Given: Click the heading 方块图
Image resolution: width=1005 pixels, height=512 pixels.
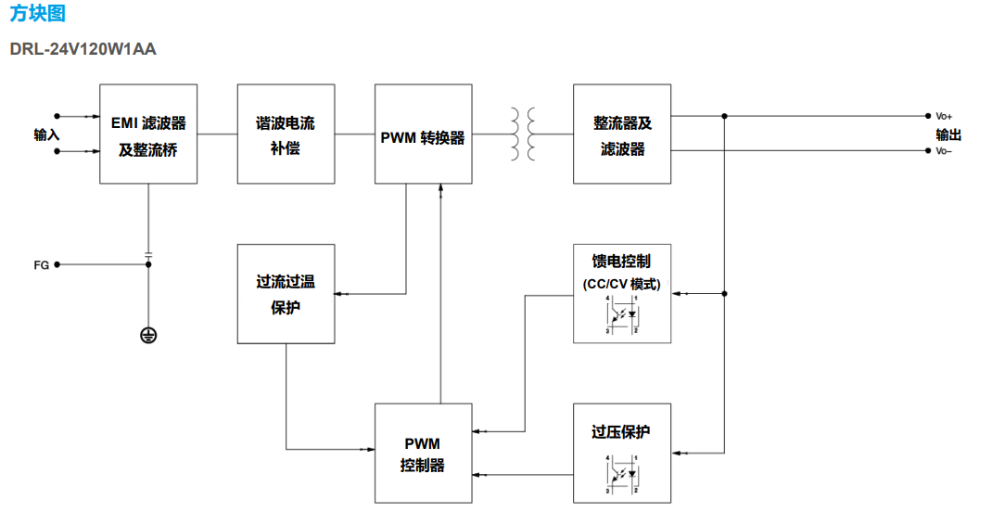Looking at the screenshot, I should point(38,15).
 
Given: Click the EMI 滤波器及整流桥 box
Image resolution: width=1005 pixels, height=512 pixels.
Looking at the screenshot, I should point(148,134).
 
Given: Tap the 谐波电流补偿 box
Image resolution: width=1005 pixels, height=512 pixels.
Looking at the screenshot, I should point(286,134).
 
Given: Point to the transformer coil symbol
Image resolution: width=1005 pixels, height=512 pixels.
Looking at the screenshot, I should point(522,134).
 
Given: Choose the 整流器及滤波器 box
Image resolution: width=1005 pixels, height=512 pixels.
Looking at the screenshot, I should point(622,134).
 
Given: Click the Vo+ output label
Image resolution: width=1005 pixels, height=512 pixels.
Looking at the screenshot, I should point(944,117).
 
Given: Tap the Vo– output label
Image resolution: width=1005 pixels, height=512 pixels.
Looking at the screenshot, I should point(944,151).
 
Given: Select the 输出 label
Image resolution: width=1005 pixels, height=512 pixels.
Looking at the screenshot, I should point(948,134).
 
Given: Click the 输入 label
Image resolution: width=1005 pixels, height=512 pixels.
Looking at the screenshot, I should point(46,134).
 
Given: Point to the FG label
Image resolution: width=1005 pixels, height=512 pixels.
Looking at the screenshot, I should point(41,265).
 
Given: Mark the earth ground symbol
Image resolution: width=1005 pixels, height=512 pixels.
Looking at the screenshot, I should point(148,335).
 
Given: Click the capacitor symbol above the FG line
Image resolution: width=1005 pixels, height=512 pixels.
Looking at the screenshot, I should point(148,253).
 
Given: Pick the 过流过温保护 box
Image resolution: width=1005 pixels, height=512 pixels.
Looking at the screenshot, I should point(286,294).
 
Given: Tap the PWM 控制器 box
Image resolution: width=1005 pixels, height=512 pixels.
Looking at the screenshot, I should point(423,454).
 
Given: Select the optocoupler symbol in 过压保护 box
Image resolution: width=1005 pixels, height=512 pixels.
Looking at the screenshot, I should point(622,473).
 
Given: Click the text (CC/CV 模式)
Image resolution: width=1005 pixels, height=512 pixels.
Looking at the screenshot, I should point(622,284).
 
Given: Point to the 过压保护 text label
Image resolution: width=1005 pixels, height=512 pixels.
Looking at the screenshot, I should point(622,432).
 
